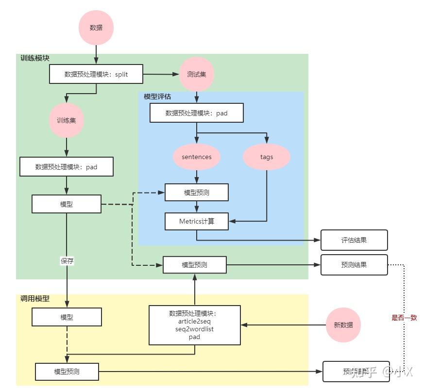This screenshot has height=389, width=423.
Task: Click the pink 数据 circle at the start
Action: click(96, 28)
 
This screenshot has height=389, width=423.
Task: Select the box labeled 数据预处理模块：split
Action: click(96, 74)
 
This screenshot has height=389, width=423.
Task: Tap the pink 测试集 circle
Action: click(196, 74)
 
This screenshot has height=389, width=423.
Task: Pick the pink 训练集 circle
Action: click(67, 120)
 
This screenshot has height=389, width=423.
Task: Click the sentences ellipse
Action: click(196, 157)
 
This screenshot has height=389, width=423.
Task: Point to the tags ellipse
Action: click(267, 157)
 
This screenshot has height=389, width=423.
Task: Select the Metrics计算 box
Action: click(196, 222)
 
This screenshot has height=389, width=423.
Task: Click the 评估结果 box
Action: click(354, 240)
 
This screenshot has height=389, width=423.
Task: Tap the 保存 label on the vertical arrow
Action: click(67, 260)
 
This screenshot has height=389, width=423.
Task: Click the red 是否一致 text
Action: click(404, 318)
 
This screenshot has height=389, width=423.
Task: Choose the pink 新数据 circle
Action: click(343, 325)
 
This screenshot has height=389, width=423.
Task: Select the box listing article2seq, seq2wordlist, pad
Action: click(195, 325)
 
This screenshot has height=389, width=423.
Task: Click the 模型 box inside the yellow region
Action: click(67, 318)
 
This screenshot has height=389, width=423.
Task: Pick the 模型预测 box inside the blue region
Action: click(196, 193)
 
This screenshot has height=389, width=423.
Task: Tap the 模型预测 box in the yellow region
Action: click(67, 372)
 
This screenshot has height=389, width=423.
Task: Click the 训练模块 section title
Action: click(35, 58)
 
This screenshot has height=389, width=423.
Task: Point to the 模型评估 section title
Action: click(157, 97)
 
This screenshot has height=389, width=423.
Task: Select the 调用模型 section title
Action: click(35, 299)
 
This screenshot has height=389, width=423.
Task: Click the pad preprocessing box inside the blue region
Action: click(196, 113)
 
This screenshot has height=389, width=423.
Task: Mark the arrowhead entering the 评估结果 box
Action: click(318, 240)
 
